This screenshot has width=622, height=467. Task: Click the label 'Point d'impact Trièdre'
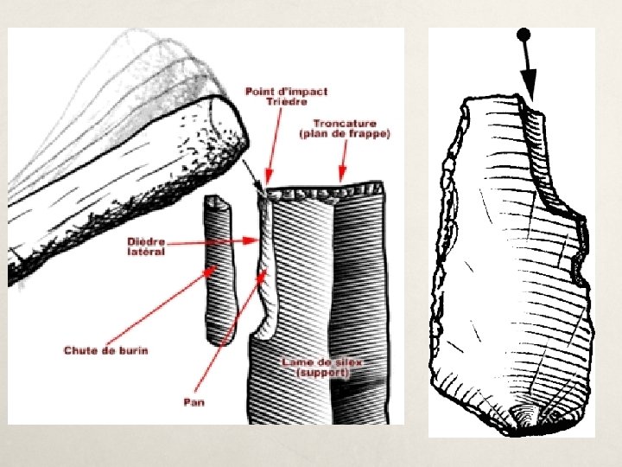285,96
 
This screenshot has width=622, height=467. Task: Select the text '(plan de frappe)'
344,135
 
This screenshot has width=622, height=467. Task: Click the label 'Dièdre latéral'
147,246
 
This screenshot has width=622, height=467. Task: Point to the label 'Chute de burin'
105,349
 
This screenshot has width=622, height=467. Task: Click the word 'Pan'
194,401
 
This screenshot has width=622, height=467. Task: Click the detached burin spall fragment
220,268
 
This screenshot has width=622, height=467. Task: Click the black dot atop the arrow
522,35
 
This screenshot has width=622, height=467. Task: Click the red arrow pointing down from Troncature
344,164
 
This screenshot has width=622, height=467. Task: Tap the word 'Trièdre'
285,101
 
